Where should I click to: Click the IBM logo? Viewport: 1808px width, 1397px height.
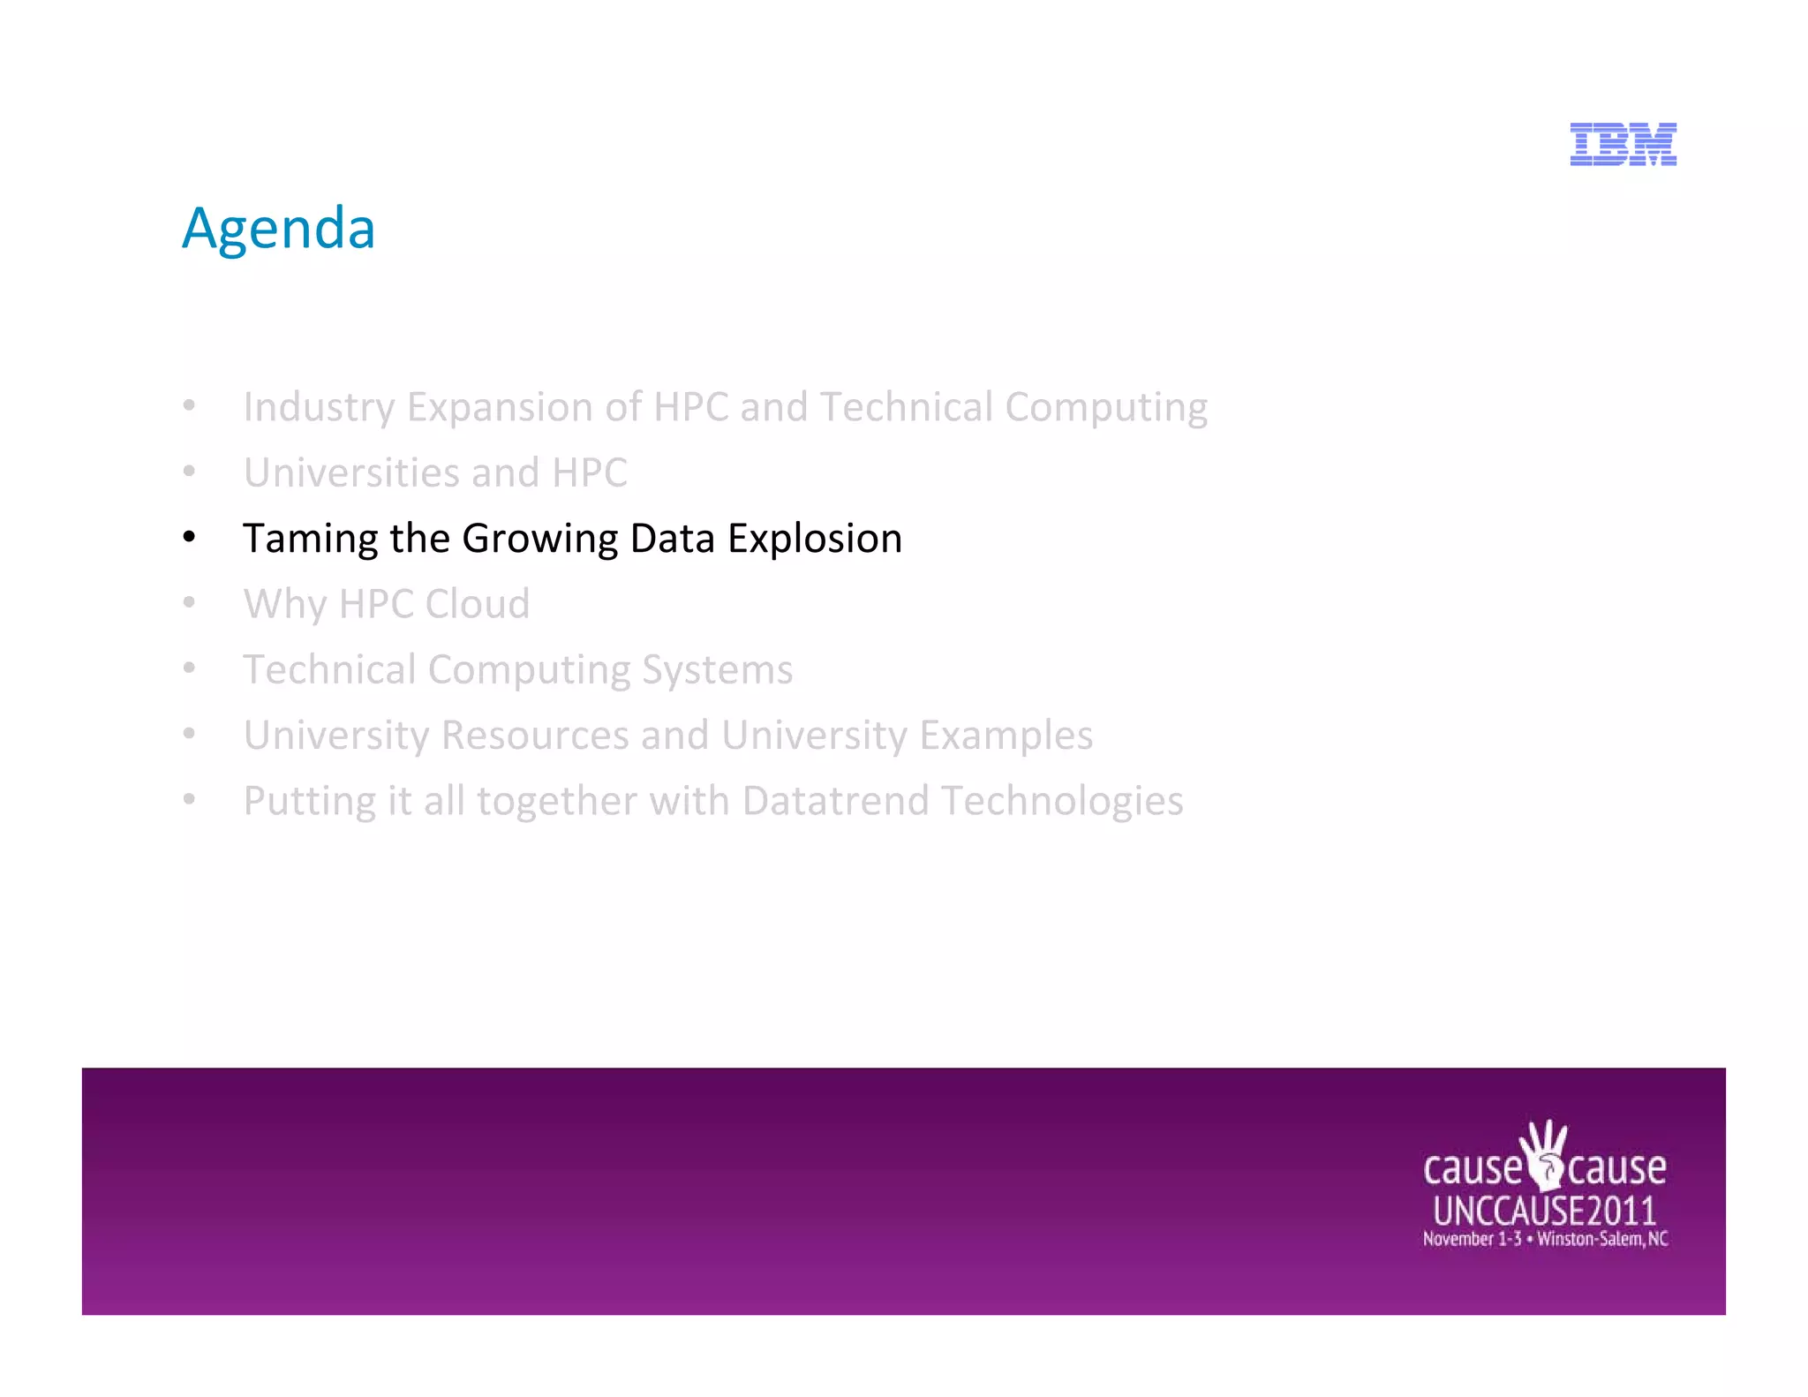click(x=1623, y=145)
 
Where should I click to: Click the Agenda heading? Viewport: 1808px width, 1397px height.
click(x=279, y=228)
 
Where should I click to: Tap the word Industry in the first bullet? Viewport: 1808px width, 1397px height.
click(x=319, y=408)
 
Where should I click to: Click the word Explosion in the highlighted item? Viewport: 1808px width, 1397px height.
click(x=814, y=539)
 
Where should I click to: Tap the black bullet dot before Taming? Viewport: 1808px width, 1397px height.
click(x=189, y=538)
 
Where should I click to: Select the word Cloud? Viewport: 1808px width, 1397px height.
click(x=477, y=604)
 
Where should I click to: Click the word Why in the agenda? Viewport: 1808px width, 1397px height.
click(x=285, y=605)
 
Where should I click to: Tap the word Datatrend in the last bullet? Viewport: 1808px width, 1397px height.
click(x=835, y=801)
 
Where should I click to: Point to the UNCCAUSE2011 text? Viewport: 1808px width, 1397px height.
click(x=1544, y=1211)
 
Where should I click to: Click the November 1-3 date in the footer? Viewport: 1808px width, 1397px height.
click(x=1472, y=1239)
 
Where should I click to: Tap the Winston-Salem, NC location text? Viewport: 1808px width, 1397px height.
click(x=1602, y=1239)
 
